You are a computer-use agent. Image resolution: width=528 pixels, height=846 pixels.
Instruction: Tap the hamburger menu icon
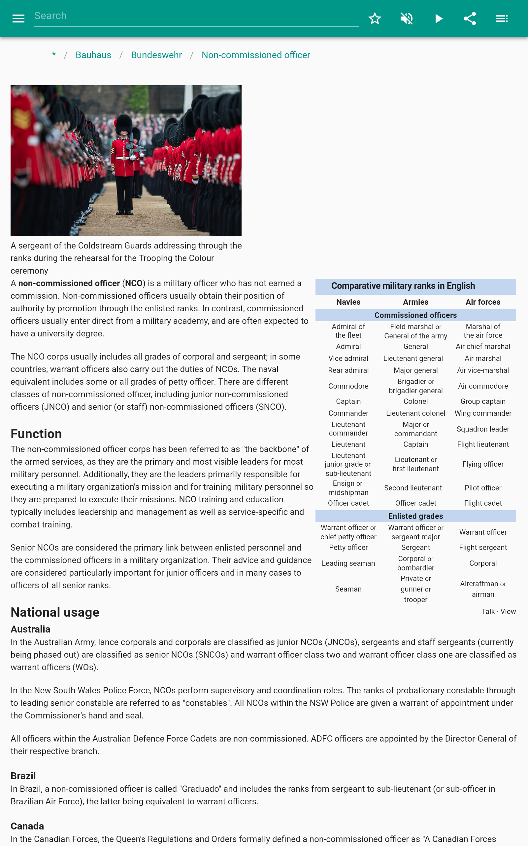(18, 19)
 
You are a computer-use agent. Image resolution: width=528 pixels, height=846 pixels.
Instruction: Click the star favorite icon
(375, 19)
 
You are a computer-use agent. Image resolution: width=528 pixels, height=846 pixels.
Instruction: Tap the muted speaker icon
(407, 19)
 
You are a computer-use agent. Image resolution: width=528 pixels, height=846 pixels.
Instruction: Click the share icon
(470, 19)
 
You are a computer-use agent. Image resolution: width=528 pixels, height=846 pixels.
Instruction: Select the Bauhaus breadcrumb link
(93, 55)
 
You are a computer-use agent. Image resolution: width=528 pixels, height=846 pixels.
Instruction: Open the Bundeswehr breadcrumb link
(156, 55)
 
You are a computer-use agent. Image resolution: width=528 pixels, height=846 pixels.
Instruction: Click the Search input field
(196, 16)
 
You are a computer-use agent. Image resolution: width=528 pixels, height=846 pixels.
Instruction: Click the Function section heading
(36, 434)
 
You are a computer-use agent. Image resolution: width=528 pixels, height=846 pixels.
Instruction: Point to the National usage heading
(55, 612)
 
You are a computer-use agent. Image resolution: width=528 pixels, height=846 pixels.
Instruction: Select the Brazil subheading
(23, 776)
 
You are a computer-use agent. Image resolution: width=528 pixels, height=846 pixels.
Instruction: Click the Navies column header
(348, 302)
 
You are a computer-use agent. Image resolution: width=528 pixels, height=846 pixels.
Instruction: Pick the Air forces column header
(482, 302)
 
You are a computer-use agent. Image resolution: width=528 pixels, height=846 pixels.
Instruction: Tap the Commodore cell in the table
(348, 386)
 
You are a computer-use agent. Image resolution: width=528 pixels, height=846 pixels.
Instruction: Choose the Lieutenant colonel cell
(415, 413)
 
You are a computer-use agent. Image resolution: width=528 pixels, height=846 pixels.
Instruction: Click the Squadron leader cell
(482, 429)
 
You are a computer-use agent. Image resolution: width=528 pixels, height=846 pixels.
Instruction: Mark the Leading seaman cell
(348, 563)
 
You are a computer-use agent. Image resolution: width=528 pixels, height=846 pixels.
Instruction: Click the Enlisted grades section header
(415, 516)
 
